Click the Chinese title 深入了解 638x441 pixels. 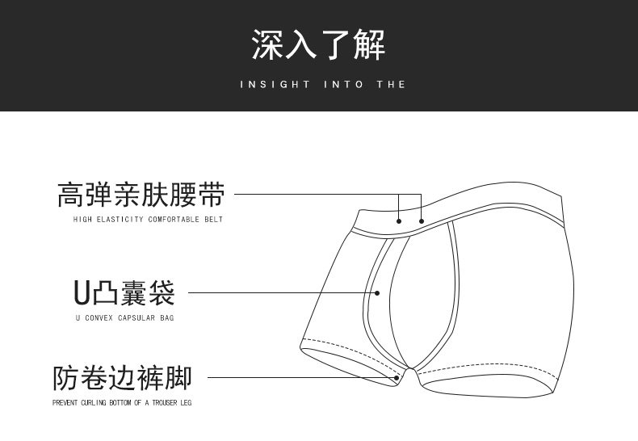[318, 44]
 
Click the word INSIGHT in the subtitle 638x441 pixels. [275, 85]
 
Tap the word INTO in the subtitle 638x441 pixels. [343, 85]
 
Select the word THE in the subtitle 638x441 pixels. [391, 85]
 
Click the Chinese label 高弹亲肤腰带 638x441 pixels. [141, 195]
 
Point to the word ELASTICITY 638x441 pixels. [120, 219]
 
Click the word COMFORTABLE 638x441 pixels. [174, 219]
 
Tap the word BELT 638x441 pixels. [214, 219]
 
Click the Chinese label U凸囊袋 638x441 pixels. [124, 293]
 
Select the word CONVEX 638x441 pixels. [99, 317]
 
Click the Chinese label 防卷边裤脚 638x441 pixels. [122, 378]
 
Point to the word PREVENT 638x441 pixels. [65, 403]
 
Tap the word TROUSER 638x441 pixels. [165, 403]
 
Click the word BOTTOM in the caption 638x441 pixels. [120, 403]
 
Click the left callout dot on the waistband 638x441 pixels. [399, 221]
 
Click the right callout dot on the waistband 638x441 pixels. [422, 221]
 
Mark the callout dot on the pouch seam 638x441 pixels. [377, 293]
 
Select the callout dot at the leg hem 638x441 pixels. [397, 378]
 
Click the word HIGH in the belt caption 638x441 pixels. [82, 219]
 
